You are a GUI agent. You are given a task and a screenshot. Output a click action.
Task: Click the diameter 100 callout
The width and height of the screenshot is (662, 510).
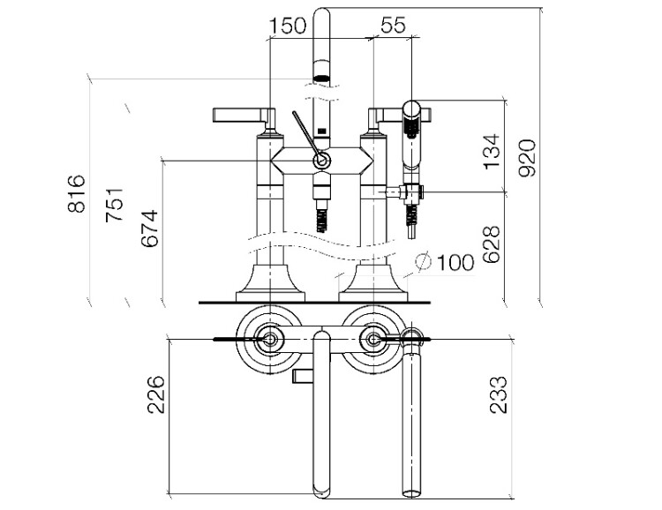pos(446,261)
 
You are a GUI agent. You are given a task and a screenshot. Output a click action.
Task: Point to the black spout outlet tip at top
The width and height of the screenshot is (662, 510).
pos(322,78)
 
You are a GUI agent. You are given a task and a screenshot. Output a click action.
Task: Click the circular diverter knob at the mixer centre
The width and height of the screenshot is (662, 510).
pos(322,161)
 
